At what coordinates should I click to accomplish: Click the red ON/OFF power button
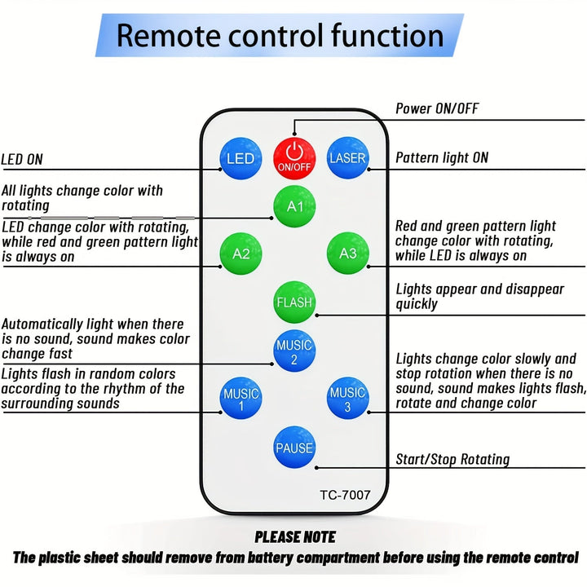(x=293, y=155)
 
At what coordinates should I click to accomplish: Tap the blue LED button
(x=241, y=158)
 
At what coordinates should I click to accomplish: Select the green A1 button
(x=294, y=206)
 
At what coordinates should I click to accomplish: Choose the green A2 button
(x=241, y=254)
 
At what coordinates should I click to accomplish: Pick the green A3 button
(x=348, y=254)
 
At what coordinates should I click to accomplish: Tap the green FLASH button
(x=294, y=302)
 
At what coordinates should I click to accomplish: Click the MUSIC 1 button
(x=241, y=399)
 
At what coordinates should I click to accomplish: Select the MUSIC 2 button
(x=294, y=351)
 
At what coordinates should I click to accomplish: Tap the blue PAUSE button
(x=294, y=448)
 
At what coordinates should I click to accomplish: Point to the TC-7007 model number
(x=344, y=494)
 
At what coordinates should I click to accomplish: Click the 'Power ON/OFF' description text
(x=437, y=108)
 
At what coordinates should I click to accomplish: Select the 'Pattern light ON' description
(x=442, y=157)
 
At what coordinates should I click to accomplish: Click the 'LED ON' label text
(x=22, y=159)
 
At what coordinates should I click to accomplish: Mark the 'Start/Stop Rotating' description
(x=452, y=459)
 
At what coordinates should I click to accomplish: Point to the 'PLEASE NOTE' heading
(x=294, y=536)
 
